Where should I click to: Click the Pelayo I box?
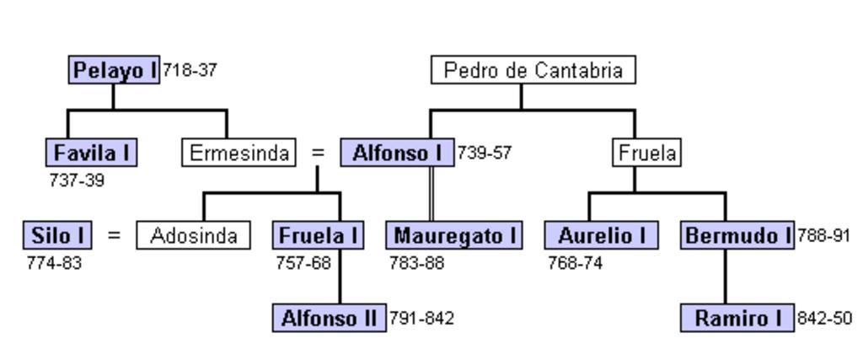point(115,70)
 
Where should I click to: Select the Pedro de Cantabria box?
point(533,70)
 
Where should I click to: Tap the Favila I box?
point(92,153)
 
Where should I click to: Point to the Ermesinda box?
point(239,153)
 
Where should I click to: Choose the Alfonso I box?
point(397,153)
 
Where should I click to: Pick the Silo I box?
point(56,235)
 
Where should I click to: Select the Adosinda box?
point(193,235)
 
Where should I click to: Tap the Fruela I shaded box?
point(317,235)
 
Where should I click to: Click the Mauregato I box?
point(454,235)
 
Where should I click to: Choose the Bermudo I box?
point(737,235)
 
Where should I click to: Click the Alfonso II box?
point(329,318)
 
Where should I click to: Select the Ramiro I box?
point(737,318)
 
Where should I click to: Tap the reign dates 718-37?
point(190,70)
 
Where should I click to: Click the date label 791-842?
point(421,319)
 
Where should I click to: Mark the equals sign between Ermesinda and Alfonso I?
point(318,153)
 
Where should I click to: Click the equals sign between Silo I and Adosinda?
point(114,235)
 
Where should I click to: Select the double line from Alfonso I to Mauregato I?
point(431,194)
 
